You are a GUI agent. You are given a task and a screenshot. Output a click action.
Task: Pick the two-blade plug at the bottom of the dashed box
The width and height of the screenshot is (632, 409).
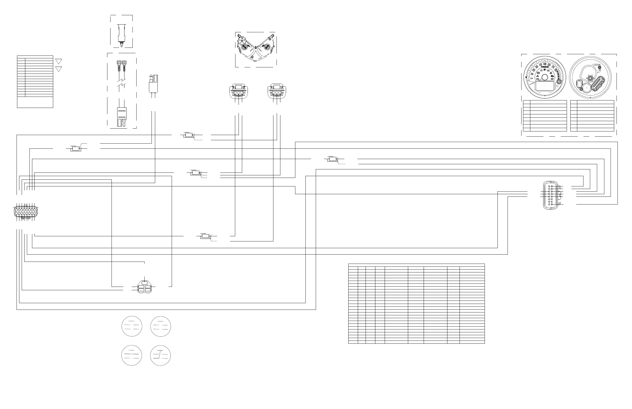(x=122, y=117)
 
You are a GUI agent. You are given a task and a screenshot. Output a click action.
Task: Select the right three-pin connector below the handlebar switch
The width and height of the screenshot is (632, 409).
(x=277, y=91)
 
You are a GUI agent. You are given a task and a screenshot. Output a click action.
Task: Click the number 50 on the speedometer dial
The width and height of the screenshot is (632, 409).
(x=545, y=64)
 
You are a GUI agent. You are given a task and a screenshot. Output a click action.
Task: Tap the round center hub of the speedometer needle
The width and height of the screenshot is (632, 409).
(x=545, y=77)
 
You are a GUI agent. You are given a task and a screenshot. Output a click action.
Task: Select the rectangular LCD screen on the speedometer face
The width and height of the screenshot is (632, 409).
(x=545, y=86)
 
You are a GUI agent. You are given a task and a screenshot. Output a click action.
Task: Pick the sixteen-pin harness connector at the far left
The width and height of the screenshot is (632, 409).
(x=26, y=212)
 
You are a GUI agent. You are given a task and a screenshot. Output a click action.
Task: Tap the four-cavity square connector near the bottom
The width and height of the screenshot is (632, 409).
(x=144, y=288)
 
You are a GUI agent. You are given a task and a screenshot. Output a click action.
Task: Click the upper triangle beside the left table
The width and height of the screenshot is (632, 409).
(x=59, y=61)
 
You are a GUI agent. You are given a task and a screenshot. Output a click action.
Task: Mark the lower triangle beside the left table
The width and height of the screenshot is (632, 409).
(x=59, y=69)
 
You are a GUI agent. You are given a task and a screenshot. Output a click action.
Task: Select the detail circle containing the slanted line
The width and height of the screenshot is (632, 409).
(x=160, y=355)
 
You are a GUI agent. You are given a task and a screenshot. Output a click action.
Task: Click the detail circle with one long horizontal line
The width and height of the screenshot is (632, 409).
(x=132, y=355)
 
